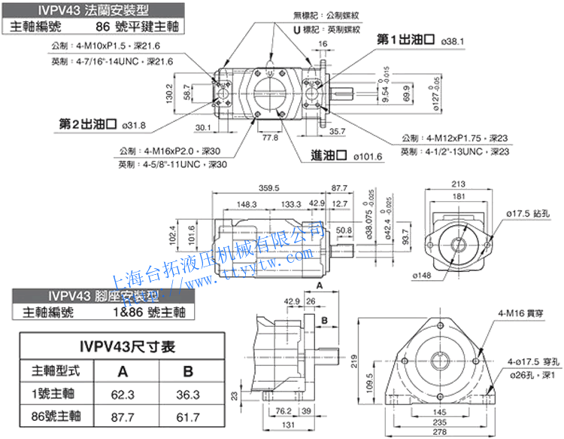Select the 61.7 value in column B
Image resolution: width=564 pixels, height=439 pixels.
(x=187, y=415)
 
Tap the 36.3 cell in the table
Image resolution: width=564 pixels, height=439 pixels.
(x=187, y=393)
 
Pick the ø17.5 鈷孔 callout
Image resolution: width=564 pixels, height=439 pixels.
(x=524, y=215)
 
